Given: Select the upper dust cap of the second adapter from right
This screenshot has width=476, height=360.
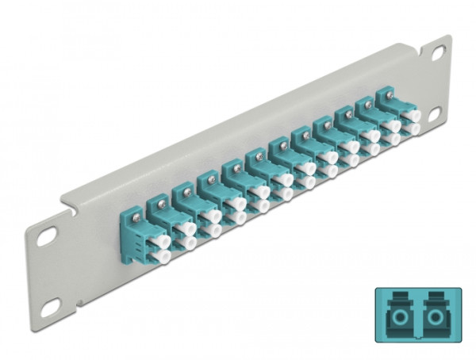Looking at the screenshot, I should click(x=390, y=125).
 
